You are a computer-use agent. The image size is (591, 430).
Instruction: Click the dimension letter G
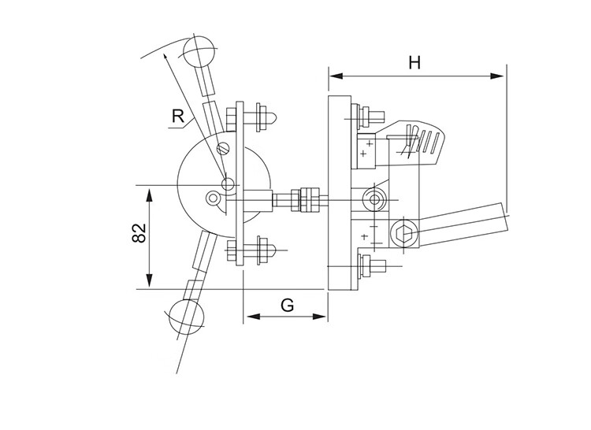coord(288,304)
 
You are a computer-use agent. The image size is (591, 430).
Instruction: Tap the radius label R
coord(180,117)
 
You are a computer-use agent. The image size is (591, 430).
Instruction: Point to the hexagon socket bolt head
coord(404,233)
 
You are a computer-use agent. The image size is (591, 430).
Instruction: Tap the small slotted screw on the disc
coord(225,148)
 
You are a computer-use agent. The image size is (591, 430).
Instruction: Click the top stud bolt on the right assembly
coord(368,116)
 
